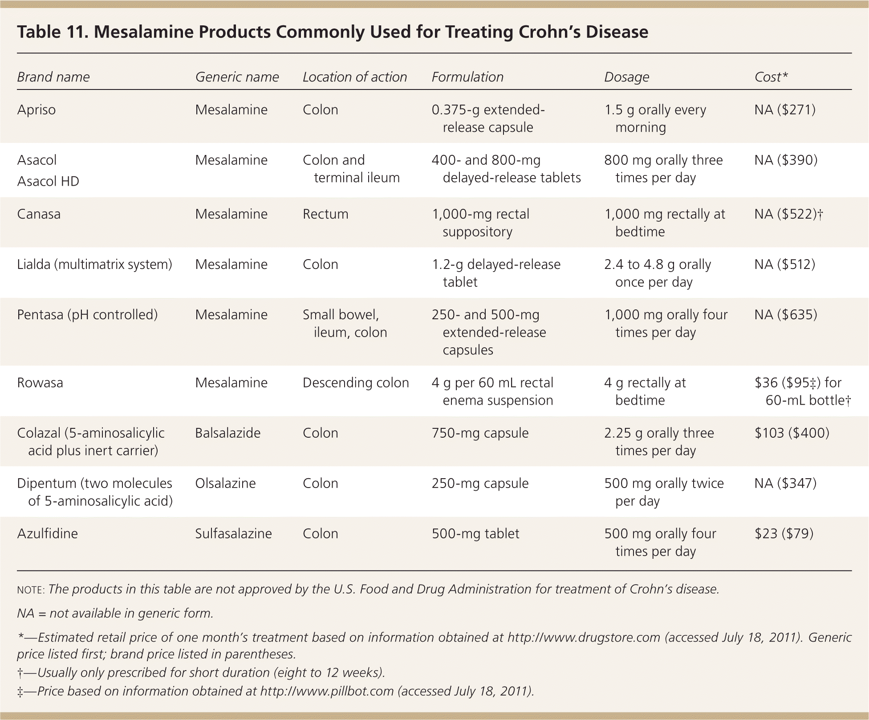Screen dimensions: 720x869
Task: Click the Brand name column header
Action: tap(53, 77)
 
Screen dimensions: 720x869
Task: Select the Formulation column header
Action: tap(467, 77)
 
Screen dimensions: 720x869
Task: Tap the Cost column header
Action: tap(771, 77)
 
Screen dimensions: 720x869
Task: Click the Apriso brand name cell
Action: tap(37, 110)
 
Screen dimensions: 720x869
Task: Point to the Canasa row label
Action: tap(39, 214)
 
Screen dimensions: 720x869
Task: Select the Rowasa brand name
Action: tap(40, 382)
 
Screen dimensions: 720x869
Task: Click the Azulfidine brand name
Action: tap(47, 533)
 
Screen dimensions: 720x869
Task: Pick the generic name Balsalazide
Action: tap(227, 433)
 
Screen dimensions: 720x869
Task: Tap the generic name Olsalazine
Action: tap(225, 483)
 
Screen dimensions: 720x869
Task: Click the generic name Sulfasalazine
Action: tap(233, 533)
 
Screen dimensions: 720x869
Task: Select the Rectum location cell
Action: tap(325, 214)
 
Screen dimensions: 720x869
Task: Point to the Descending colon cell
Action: tap(355, 382)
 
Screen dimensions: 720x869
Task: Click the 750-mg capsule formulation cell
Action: tap(480, 433)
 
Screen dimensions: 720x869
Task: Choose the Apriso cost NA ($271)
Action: tap(785, 110)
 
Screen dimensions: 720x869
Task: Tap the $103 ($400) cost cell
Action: tap(792, 433)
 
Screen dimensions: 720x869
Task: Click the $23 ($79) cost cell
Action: tap(784, 533)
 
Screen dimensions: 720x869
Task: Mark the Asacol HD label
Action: tap(48, 181)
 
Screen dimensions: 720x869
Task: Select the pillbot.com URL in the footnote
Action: tap(327, 691)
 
